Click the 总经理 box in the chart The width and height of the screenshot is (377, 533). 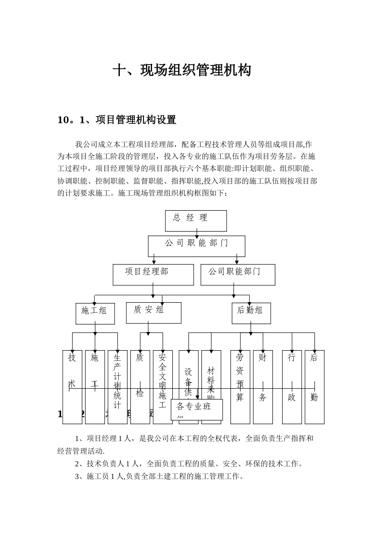pyautogui.click(x=196, y=220)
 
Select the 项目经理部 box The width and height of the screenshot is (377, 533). pyautogui.click(x=153, y=274)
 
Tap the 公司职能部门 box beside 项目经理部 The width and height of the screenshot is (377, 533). pyautogui.click(x=237, y=274)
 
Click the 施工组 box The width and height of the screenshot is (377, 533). pyautogui.click(x=95, y=313)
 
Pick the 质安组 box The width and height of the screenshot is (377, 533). pyautogui.click(x=153, y=313)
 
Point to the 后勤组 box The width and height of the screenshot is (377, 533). pyautogui.click(x=251, y=313)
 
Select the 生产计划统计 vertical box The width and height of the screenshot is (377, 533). pyautogui.click(x=117, y=387)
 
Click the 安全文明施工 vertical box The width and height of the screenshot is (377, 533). pyautogui.click(x=163, y=387)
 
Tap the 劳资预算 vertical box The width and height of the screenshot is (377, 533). pyautogui.click(x=240, y=387)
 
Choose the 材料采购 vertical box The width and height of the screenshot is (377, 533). pyautogui.click(x=211, y=373)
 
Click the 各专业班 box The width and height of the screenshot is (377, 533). pyautogui.click(x=197, y=409)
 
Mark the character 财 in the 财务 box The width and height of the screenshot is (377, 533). pyautogui.click(x=262, y=358)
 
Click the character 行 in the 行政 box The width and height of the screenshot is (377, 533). pyautogui.click(x=292, y=358)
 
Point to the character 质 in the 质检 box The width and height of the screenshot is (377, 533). pyautogui.click(x=140, y=358)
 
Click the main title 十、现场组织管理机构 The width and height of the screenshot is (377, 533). pyautogui.click(x=182, y=71)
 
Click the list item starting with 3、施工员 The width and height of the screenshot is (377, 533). pyautogui.click(x=159, y=476)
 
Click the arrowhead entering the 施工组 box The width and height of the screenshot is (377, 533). pyautogui.click(x=94, y=302)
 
